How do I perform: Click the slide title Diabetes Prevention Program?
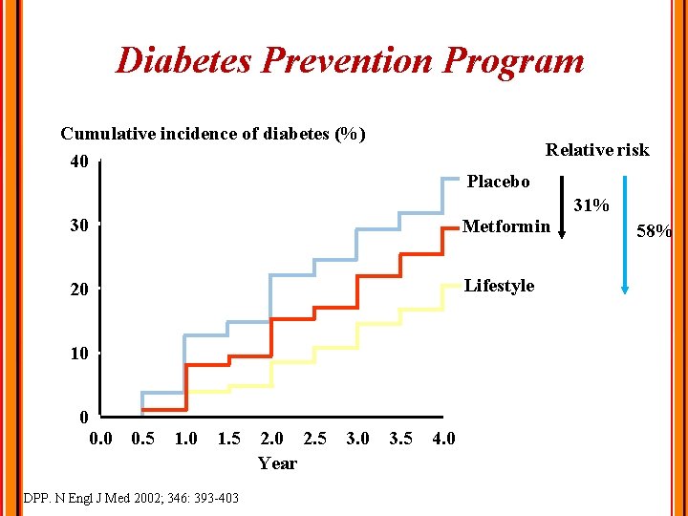pyautogui.click(x=349, y=61)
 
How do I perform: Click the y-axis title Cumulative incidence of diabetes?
pyautogui.click(x=213, y=134)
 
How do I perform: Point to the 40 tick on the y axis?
pyautogui.click(x=79, y=161)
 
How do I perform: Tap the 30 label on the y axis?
pyautogui.click(x=79, y=226)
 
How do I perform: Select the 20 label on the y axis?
pyautogui.click(x=79, y=290)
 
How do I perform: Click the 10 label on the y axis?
pyautogui.click(x=79, y=354)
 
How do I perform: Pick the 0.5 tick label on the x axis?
pyautogui.click(x=143, y=440)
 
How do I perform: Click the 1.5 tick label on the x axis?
pyautogui.click(x=229, y=440)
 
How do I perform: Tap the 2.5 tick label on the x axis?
pyautogui.click(x=314, y=440)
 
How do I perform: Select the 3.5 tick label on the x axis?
pyautogui.click(x=401, y=440)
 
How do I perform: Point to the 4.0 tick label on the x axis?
pyautogui.click(x=443, y=440)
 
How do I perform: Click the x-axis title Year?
pyautogui.click(x=277, y=463)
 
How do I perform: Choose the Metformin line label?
pyautogui.click(x=505, y=226)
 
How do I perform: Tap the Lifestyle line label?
pyautogui.click(x=499, y=286)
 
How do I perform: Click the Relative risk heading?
pyautogui.click(x=596, y=150)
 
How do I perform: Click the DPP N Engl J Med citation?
pyautogui.click(x=130, y=498)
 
